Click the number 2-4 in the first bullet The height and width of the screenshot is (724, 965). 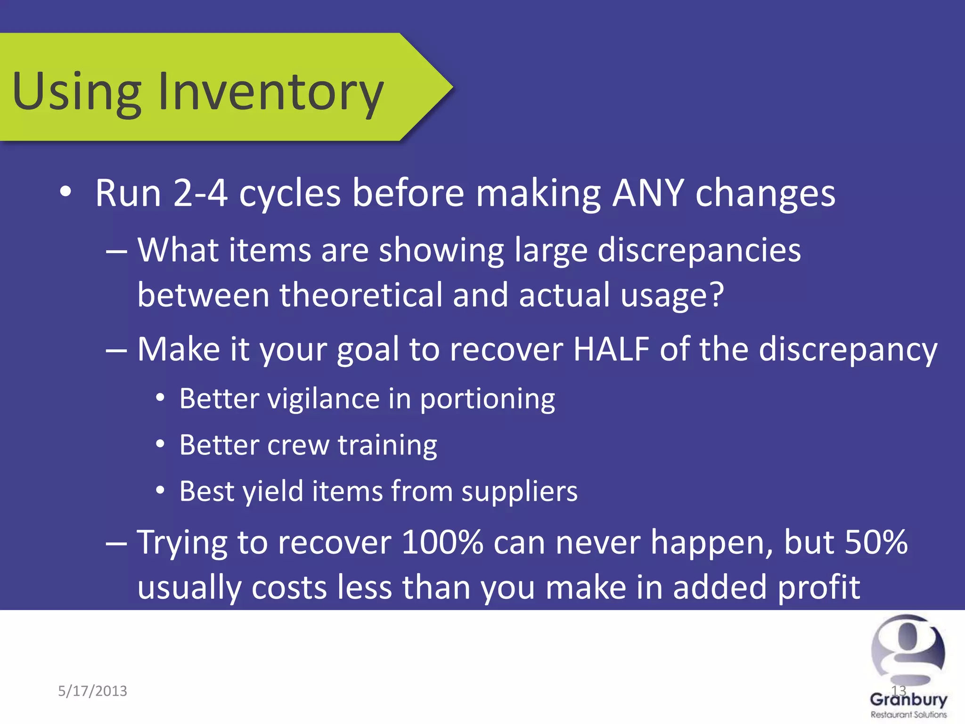coord(200,193)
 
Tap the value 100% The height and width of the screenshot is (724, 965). coord(442,542)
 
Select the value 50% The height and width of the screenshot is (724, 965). coord(876,542)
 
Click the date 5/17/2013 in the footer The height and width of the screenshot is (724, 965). coord(92,691)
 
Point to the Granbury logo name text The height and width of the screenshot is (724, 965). coord(908,699)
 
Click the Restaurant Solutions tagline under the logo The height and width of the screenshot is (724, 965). coord(908,715)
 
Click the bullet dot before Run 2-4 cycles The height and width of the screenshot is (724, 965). coord(65,192)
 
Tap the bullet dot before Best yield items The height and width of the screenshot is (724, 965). coord(160,491)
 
